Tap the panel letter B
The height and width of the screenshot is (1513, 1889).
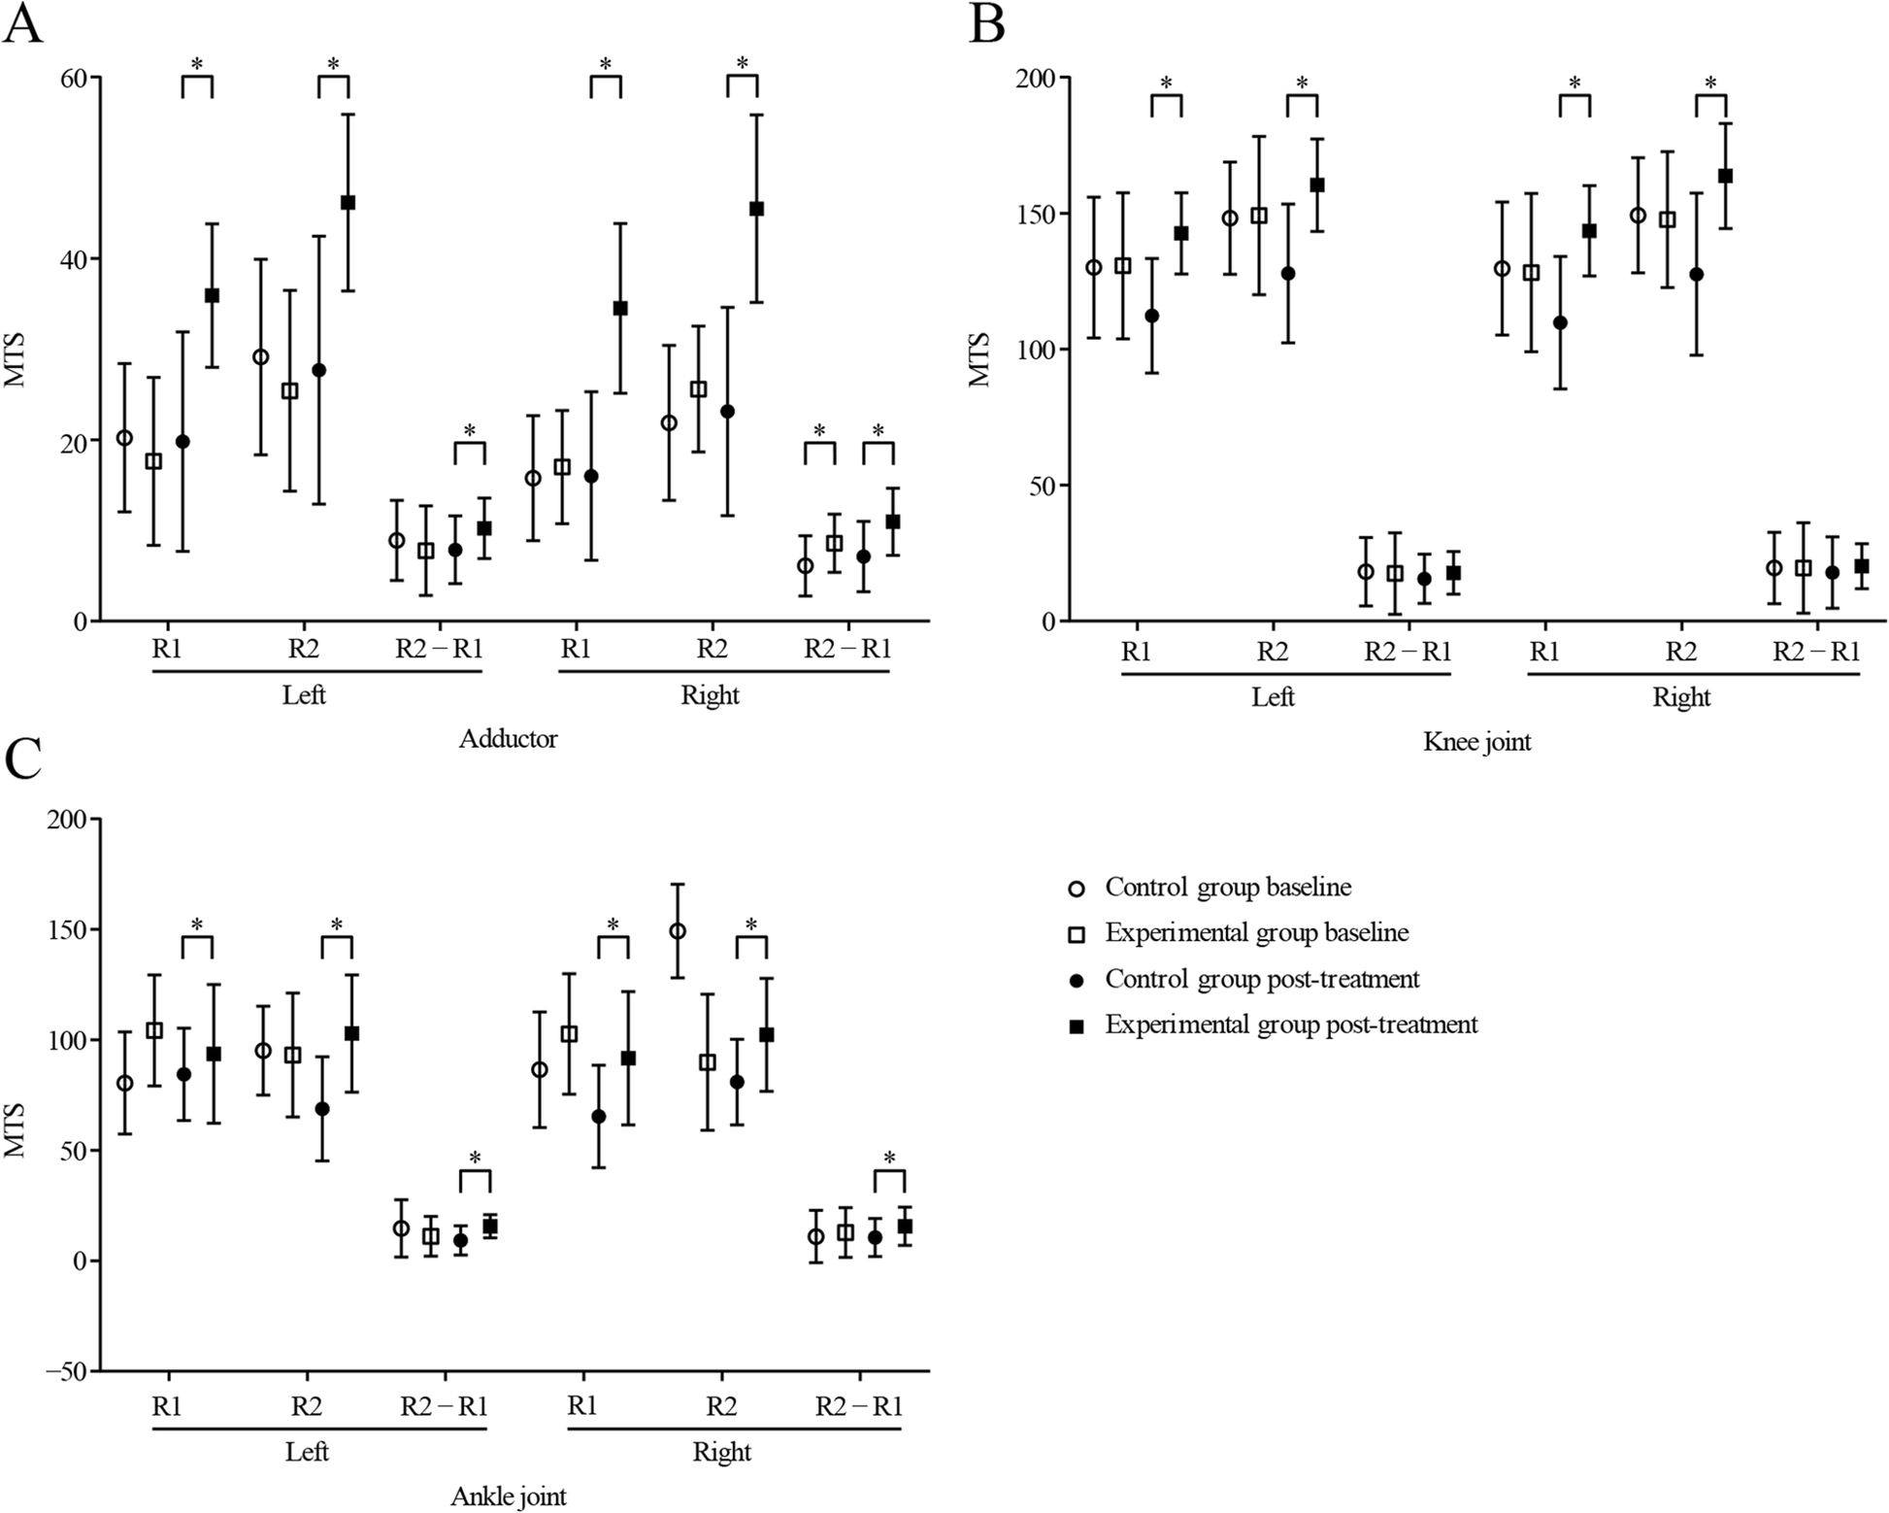pos(986,24)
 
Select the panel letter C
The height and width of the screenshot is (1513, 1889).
pos(22,760)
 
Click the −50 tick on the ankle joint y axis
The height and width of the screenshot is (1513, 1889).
pos(65,1371)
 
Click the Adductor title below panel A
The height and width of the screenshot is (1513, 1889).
pos(508,739)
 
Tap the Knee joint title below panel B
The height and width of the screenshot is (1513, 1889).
pos(1476,742)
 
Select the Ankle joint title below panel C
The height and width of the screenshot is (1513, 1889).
pos(508,1496)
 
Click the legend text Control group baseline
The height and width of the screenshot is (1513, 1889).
pos(1228,887)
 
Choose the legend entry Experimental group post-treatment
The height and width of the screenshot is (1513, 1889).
pos(1291,1025)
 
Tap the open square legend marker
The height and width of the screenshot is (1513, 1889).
pos(1076,934)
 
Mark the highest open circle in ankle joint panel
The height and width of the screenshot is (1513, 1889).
pos(678,931)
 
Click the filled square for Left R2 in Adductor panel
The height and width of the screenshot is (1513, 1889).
pos(348,203)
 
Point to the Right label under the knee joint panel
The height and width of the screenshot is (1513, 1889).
pos(1681,697)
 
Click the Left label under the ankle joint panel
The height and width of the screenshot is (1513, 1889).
pos(307,1451)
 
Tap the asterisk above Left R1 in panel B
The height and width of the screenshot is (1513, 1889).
pos(1166,84)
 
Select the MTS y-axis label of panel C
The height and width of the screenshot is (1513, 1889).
pos(14,1130)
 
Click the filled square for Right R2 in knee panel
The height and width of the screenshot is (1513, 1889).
pos(1725,176)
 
